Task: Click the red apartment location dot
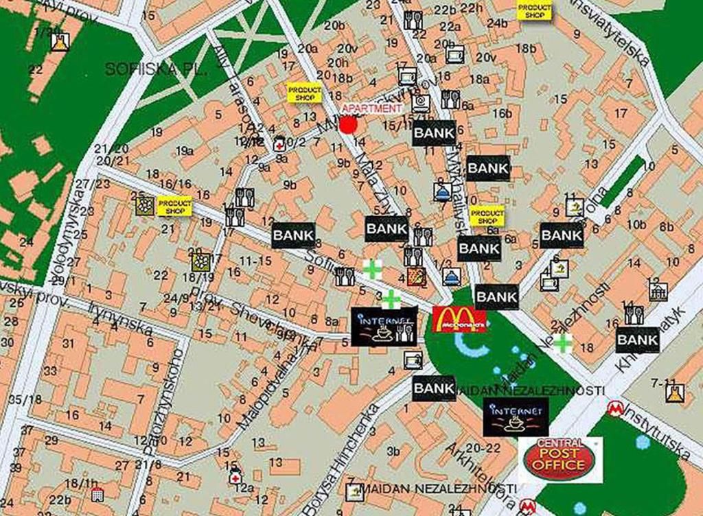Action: point(348,125)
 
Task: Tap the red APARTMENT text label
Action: point(371,108)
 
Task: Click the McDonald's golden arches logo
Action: point(459,319)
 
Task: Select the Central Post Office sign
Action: point(561,458)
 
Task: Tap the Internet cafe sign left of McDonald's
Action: point(384,325)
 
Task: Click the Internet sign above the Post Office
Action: point(516,417)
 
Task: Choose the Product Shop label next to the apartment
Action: point(304,93)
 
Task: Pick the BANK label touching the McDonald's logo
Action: point(496,296)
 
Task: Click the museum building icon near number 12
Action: point(658,291)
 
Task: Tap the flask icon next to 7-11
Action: point(674,392)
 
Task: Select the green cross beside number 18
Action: point(563,343)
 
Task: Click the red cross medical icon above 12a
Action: point(235,477)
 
